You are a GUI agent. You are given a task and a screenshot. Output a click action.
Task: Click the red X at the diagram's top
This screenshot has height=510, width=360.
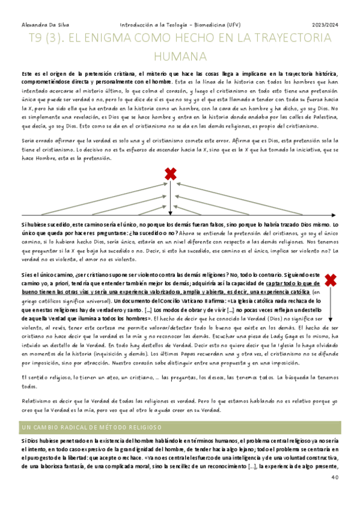tap(171, 174)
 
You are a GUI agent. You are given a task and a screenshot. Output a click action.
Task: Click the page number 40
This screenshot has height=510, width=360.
tap(335, 478)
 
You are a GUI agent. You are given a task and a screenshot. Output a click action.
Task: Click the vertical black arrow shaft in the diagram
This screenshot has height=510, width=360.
tap(171, 198)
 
